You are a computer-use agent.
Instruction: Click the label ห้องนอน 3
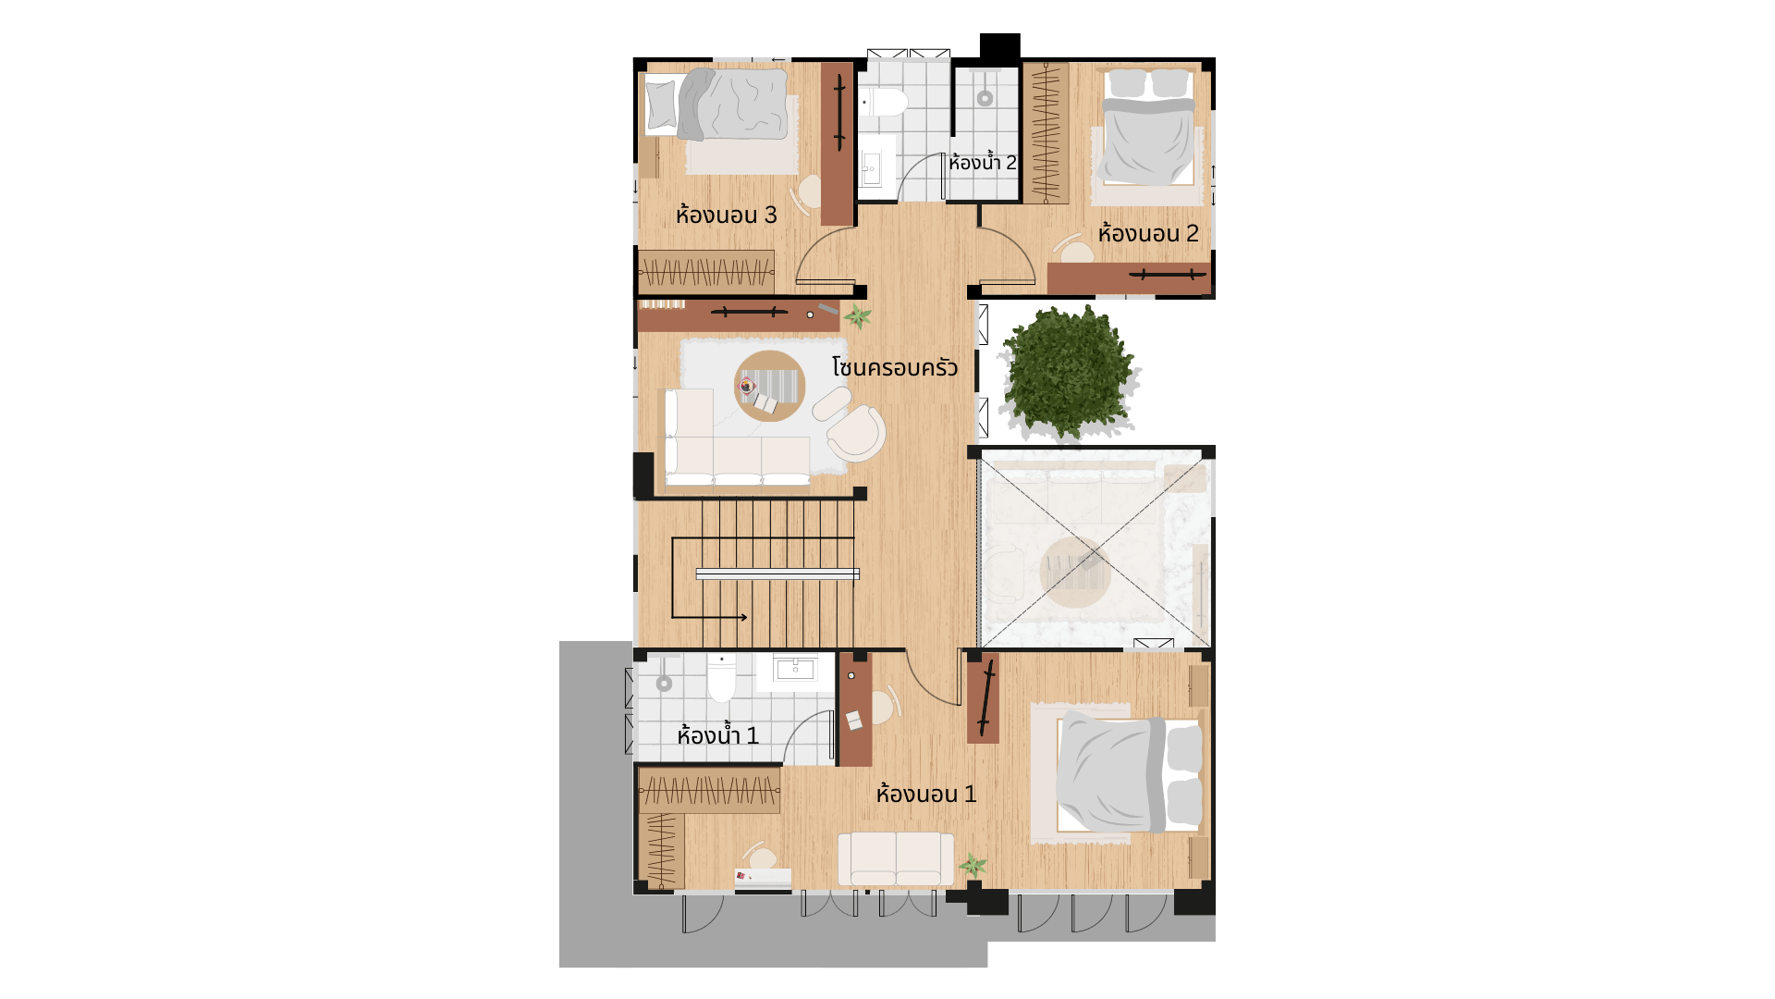[x=726, y=215]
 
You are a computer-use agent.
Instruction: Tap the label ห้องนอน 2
[x=1148, y=233]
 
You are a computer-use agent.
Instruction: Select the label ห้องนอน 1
[x=926, y=794]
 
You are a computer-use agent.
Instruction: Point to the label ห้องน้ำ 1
[x=717, y=735]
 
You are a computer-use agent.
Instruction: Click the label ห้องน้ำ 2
[x=982, y=163]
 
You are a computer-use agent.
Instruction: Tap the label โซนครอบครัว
[x=895, y=367]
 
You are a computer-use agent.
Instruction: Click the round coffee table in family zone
[x=770, y=386]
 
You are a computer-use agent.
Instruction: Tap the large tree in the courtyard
[x=1069, y=372]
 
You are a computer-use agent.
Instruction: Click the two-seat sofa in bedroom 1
[x=896, y=859]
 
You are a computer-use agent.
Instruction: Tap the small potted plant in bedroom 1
[x=973, y=866]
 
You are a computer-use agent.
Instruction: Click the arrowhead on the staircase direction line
[x=742, y=617]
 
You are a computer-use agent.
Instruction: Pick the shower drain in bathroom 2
[x=985, y=98]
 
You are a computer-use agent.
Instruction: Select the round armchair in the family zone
[x=856, y=434]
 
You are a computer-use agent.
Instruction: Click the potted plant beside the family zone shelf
[x=858, y=316]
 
